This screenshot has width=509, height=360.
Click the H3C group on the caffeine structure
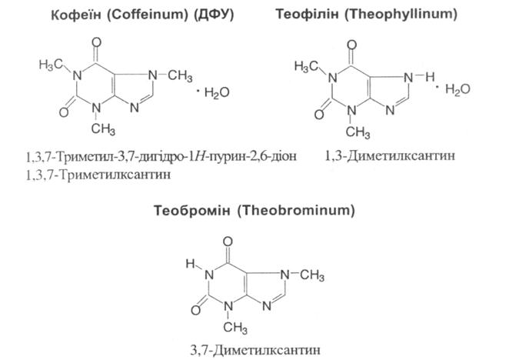50,65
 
